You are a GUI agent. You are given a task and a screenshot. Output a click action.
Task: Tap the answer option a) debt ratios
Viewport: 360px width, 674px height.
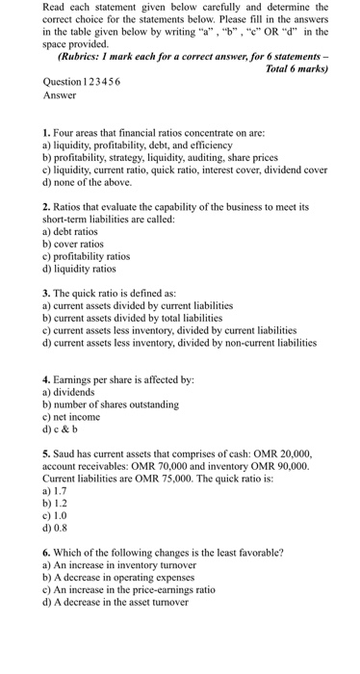70,232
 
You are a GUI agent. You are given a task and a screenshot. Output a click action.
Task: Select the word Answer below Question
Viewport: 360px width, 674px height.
60,97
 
